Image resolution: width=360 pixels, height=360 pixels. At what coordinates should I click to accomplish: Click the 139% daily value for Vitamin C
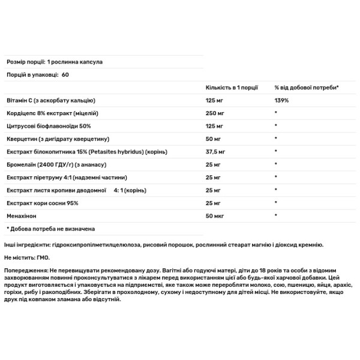[x=281, y=101]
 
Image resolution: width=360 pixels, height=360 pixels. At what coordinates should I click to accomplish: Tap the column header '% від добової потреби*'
[x=307, y=88]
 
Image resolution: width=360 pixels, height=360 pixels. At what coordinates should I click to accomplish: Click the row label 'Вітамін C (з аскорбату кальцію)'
[x=50, y=101]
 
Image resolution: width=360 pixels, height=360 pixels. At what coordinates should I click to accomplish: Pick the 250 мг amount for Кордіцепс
[x=215, y=113]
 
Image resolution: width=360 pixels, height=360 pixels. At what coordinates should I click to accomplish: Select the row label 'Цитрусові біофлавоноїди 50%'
[x=46, y=126]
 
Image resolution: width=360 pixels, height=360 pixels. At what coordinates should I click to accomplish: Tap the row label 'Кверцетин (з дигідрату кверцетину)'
[x=53, y=139]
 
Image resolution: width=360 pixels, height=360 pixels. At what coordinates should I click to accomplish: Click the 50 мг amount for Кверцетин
[x=213, y=139]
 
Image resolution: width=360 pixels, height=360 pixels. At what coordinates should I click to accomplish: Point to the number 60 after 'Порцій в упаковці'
[x=65, y=74]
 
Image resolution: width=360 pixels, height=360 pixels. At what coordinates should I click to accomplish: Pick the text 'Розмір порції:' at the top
[x=25, y=61]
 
